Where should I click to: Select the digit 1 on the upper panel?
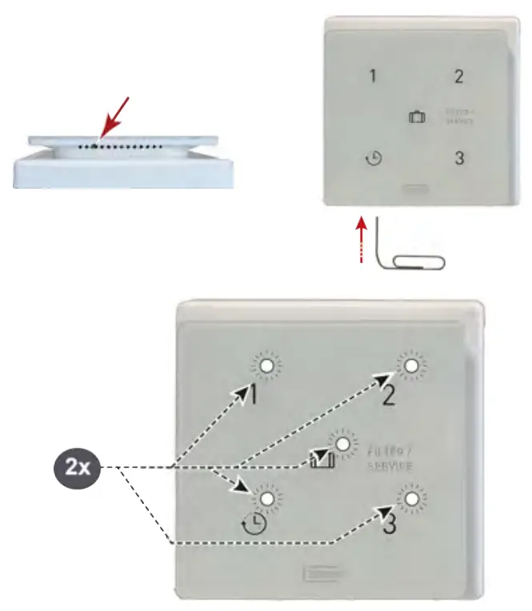pyautogui.click(x=372, y=77)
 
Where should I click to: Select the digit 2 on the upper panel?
pyautogui.click(x=458, y=77)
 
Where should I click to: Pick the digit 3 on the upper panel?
pyautogui.click(x=458, y=158)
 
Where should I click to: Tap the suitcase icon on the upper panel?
pyautogui.click(x=416, y=118)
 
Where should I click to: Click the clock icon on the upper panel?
pyautogui.click(x=373, y=159)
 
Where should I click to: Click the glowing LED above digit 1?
pyautogui.click(x=266, y=367)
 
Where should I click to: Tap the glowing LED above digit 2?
pyautogui.click(x=411, y=366)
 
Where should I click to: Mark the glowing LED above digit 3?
pyautogui.click(x=411, y=500)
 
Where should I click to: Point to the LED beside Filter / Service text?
pyautogui.click(x=343, y=445)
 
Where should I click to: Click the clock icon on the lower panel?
pyautogui.click(x=254, y=524)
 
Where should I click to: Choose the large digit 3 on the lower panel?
pyautogui.click(x=389, y=526)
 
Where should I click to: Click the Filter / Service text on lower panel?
pyautogui.click(x=391, y=457)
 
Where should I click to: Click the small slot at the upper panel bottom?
pyautogui.click(x=414, y=191)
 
